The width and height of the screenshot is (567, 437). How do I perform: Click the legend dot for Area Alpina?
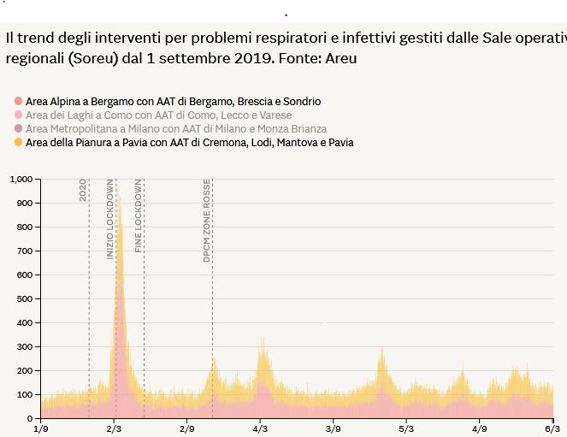click(18, 102)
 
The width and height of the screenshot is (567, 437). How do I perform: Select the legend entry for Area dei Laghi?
click(159, 115)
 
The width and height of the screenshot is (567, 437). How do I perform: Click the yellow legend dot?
click(18, 142)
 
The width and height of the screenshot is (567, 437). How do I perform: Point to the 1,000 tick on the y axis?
click(20, 179)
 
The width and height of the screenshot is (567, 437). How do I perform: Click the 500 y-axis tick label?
click(24, 298)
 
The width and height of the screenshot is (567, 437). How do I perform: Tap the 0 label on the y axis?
click(29, 418)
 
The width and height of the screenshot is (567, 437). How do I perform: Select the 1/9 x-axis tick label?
click(41, 428)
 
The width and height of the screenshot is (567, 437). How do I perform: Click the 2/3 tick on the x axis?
click(114, 428)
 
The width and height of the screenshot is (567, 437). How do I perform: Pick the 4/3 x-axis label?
click(261, 428)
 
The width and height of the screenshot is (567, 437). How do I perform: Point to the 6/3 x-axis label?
click(552, 428)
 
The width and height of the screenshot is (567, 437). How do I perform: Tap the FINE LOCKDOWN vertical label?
click(139, 216)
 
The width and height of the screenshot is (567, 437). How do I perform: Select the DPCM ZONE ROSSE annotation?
click(207, 220)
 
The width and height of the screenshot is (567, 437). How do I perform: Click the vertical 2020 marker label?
click(83, 190)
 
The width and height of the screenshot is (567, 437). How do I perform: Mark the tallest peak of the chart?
click(119, 197)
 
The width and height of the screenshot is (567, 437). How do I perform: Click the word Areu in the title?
click(341, 58)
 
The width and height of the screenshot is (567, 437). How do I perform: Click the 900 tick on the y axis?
click(24, 203)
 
